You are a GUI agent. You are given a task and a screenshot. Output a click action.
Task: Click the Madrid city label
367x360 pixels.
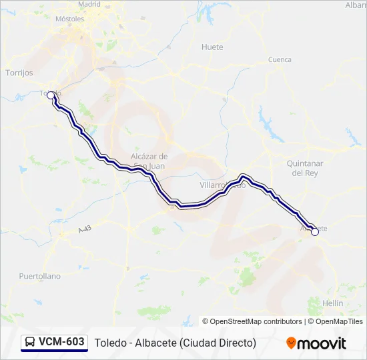pos(89,4)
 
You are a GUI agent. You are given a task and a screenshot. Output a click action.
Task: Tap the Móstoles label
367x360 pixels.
pos(70,19)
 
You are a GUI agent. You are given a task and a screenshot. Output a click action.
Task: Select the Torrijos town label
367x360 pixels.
pos(19,73)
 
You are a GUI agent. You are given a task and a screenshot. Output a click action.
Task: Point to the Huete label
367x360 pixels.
pos(212,47)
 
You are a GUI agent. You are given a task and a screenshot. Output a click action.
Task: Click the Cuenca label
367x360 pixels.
pos(280,59)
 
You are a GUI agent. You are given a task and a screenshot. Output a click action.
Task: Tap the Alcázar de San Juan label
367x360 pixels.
pos(149,161)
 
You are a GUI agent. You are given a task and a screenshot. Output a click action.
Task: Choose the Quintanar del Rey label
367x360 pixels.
pos(304,168)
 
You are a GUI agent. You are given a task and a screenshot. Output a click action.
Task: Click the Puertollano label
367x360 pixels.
pos(39,276)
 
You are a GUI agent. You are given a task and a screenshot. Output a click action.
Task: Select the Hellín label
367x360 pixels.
pos(332,303)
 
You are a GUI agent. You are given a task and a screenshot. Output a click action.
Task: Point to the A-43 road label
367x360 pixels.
pos(83,229)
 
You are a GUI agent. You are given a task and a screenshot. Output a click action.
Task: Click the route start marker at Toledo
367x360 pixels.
pos(51,95)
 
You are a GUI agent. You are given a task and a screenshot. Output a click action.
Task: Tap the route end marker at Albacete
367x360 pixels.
pos(315,231)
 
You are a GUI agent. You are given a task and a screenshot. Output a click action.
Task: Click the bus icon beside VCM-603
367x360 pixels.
pos(30,343)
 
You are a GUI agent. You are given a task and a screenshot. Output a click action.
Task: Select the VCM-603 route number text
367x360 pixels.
pos(61,342)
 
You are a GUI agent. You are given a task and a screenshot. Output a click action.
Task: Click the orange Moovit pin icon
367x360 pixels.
pos(291,343)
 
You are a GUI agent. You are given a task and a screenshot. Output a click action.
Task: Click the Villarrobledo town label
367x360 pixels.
pos(223,185)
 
